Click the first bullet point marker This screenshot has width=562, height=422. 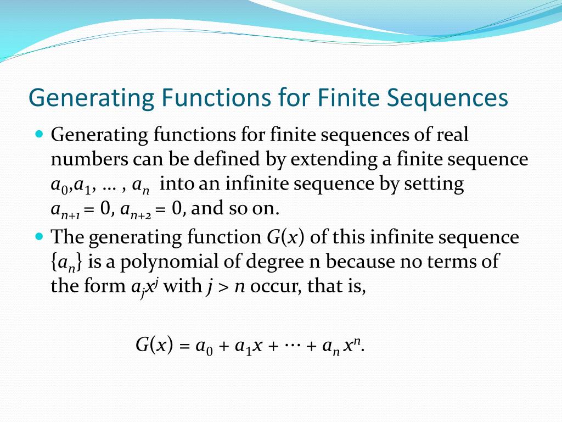(x=38, y=134)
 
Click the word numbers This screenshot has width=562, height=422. (x=88, y=159)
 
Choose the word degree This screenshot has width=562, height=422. (x=274, y=262)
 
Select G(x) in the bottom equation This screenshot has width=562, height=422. (x=154, y=345)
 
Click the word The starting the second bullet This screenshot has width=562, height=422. (x=67, y=237)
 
